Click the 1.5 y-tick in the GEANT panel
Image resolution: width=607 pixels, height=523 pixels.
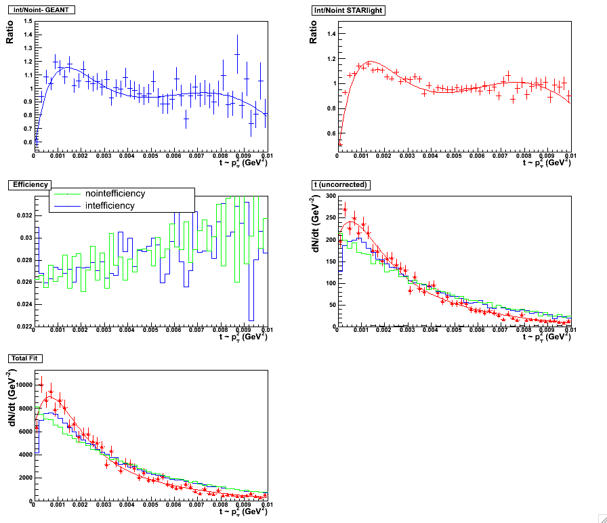[x=28, y=21]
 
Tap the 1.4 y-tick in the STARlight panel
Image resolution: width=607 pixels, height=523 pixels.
[x=331, y=33]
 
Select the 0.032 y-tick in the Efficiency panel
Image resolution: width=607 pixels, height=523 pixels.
[x=22, y=215]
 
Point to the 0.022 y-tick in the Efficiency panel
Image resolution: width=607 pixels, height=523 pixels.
[x=22, y=327]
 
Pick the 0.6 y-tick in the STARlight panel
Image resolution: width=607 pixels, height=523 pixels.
[x=331, y=133]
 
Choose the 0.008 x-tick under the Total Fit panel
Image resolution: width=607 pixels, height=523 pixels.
[x=221, y=505]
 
